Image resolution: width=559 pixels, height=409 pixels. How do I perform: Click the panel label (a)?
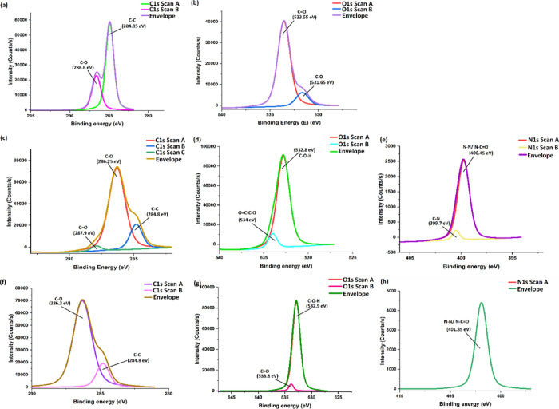click(8, 5)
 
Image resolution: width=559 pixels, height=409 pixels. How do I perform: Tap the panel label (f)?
click(7, 281)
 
